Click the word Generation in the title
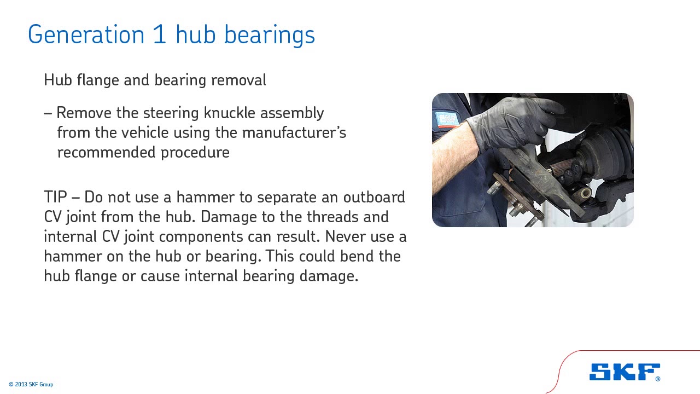pyautogui.click(x=86, y=34)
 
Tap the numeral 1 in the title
pyautogui.click(x=159, y=34)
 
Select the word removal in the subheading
pyautogui.click(x=238, y=80)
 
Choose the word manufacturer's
pyautogui.click(x=294, y=132)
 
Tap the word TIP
pyautogui.click(x=55, y=197)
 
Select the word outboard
pyautogui.click(x=374, y=197)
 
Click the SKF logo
pyautogui.click(x=625, y=372)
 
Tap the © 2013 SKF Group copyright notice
pyautogui.click(x=31, y=385)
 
